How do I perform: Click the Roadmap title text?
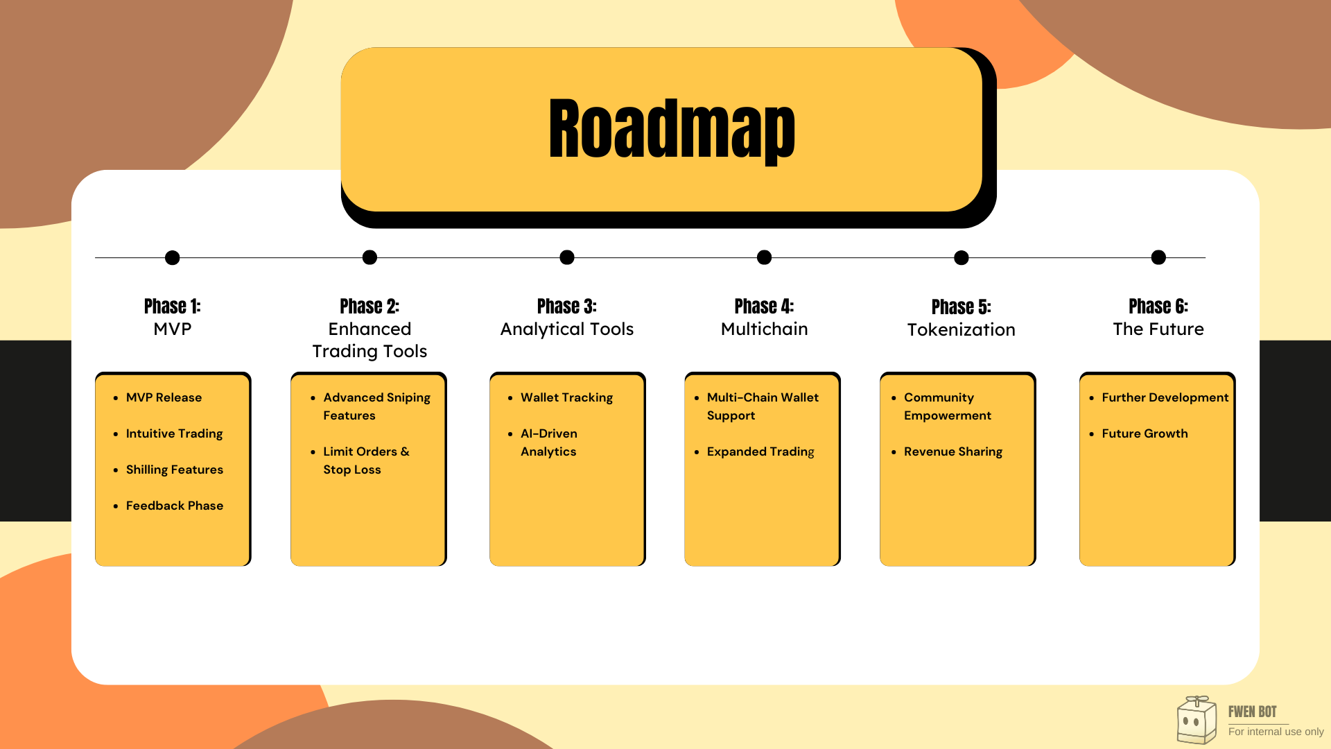[671, 130]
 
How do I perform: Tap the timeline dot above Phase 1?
[173, 258]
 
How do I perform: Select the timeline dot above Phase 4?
[764, 258]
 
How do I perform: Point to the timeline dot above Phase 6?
[1158, 258]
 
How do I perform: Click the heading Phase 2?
[369, 307]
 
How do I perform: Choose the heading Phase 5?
[961, 307]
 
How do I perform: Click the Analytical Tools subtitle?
[567, 329]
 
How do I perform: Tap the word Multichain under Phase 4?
[764, 329]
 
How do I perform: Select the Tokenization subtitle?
[961, 330]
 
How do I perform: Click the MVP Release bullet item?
[164, 397]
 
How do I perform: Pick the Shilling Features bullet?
[175, 470]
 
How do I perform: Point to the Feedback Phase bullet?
[175, 506]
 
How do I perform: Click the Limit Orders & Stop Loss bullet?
[366, 460]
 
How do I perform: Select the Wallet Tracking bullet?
[566, 397]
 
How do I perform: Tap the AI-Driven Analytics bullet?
[548, 442]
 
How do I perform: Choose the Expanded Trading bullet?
[760, 451]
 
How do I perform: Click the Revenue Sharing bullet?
[953, 451]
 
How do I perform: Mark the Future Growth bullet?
[1145, 433]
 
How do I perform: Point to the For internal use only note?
[1276, 732]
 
